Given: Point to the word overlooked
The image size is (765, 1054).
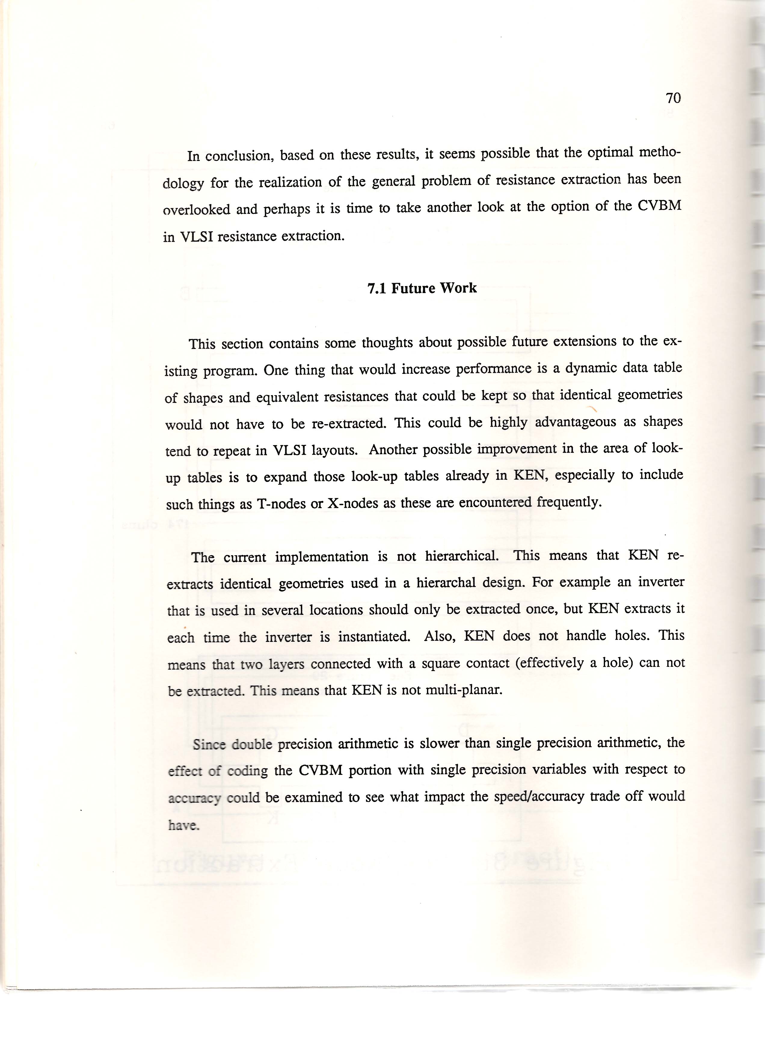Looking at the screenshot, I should point(196,210).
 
